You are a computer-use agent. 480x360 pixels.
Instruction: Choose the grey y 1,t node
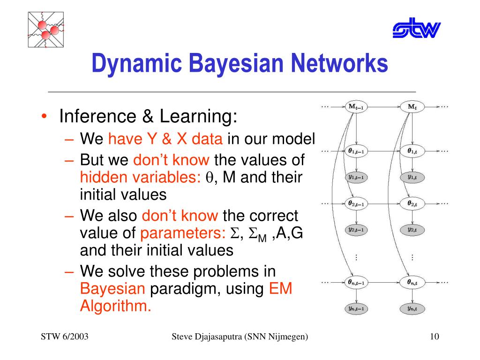(x=412, y=177)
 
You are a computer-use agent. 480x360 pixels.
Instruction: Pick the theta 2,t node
(x=412, y=203)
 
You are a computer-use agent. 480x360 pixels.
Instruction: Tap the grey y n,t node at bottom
(x=412, y=308)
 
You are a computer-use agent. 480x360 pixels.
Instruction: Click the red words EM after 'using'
(x=281, y=289)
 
